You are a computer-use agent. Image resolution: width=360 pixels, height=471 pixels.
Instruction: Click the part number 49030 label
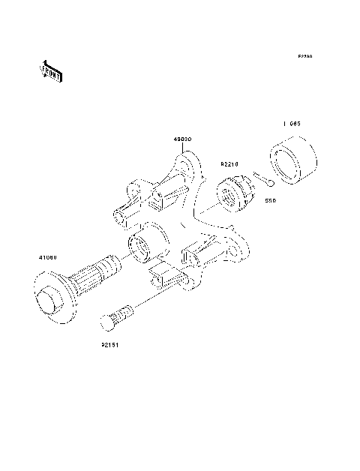pos(182,139)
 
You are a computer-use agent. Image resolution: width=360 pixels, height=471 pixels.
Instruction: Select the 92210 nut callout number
pos(229,163)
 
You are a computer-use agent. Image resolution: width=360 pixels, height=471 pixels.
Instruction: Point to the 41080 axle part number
pos(48,257)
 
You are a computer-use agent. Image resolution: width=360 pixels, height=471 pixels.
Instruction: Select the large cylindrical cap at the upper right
pos(292,160)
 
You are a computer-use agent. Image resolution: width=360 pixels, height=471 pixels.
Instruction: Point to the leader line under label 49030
pos(182,149)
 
